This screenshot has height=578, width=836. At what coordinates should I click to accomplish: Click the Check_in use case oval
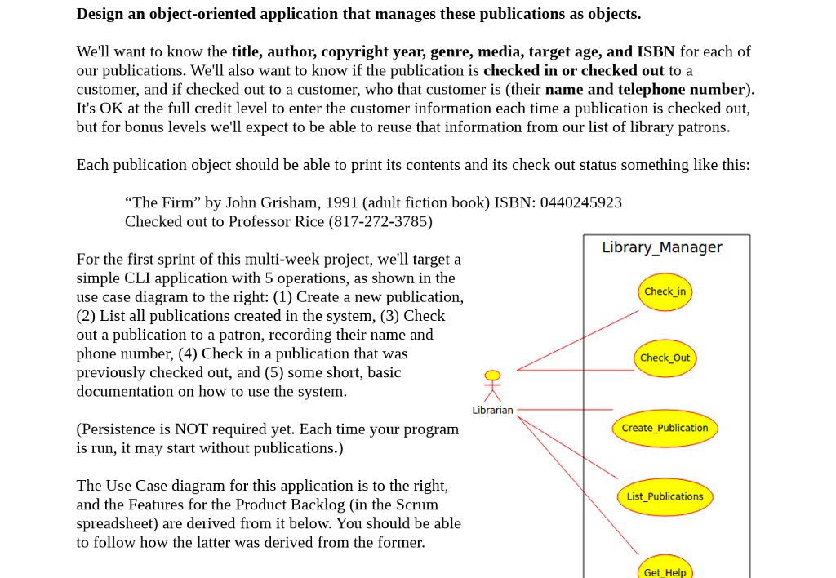(665, 291)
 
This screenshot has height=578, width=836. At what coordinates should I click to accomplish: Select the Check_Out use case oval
(665, 358)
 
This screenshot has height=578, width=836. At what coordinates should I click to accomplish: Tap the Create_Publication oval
(665, 428)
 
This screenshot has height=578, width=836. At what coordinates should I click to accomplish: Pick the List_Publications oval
(665, 496)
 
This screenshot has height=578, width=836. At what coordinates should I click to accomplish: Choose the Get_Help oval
(665, 571)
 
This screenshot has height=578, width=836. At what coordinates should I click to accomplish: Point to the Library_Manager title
(661, 247)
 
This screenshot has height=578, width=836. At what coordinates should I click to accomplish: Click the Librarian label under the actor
(492, 410)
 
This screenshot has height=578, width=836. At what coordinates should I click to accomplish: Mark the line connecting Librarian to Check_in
(577, 340)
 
